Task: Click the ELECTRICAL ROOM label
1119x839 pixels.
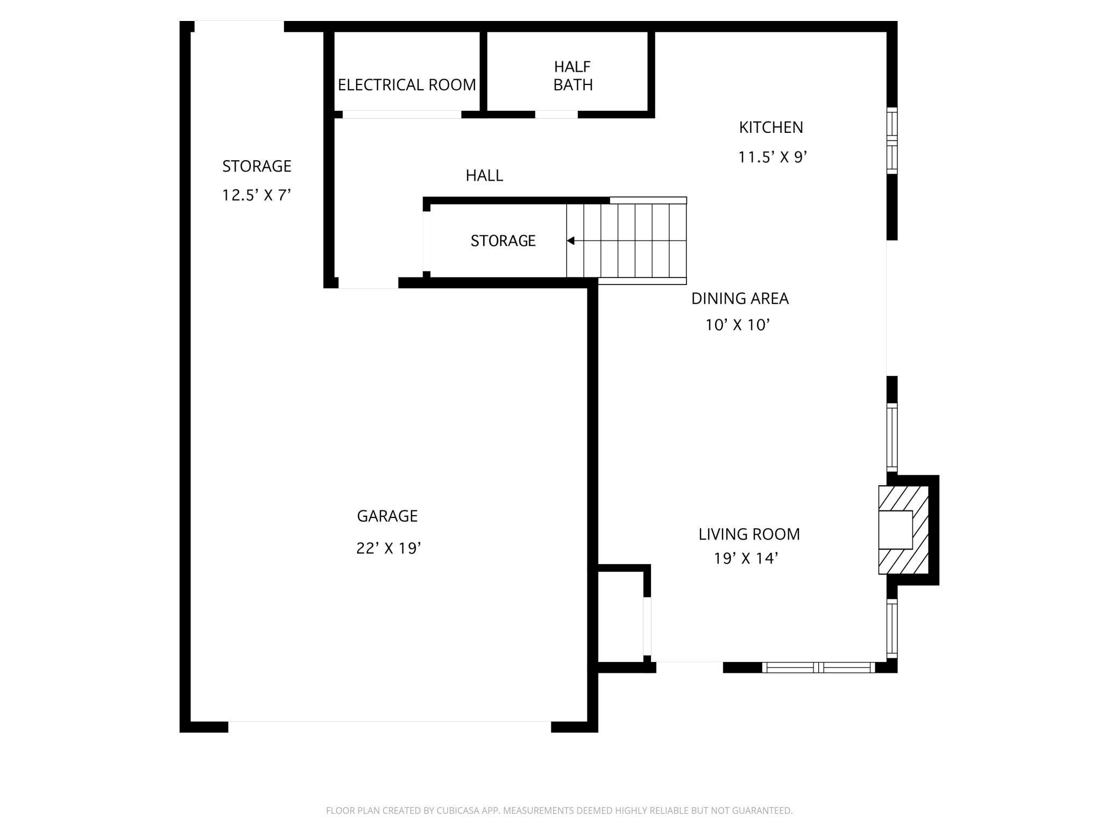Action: click(x=407, y=85)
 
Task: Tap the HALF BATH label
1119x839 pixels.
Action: click(x=573, y=76)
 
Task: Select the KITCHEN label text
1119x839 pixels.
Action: click(x=771, y=127)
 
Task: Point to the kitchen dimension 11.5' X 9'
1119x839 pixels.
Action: click(x=773, y=157)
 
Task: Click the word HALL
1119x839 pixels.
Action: click(x=484, y=175)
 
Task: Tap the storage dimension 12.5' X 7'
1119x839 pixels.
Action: click(x=257, y=195)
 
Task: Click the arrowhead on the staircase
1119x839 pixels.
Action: click(x=571, y=241)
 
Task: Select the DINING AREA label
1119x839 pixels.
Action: click(x=740, y=298)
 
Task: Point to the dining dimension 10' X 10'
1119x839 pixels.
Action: click(x=738, y=325)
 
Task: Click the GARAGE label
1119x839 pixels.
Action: click(x=387, y=516)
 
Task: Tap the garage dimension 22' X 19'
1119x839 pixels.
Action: click(x=388, y=548)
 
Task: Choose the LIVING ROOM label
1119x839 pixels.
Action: click(x=749, y=534)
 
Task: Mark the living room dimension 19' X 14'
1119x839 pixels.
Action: click(x=746, y=559)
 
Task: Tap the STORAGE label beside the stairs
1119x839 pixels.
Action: click(x=503, y=240)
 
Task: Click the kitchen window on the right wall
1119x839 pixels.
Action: click(x=892, y=140)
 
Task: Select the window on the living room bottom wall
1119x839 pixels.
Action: click(x=819, y=667)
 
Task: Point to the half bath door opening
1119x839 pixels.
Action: click(x=556, y=114)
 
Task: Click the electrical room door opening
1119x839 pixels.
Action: click(x=402, y=114)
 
